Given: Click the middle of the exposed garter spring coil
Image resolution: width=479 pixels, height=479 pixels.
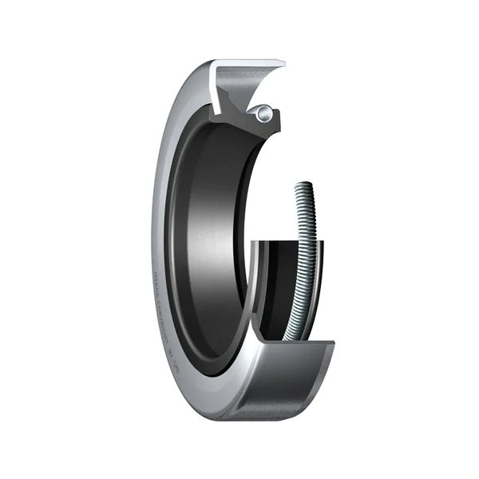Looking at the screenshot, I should pos(307,255).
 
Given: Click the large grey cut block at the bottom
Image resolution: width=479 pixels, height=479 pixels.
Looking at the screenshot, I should pos(287,383).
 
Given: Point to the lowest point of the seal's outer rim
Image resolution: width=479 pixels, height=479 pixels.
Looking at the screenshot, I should pos(239,418).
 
